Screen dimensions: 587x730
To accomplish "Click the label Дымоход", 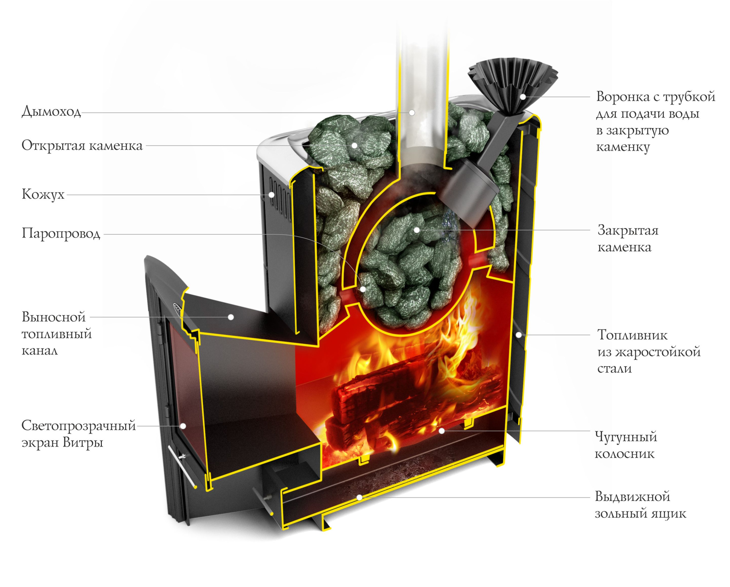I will tap(51, 111).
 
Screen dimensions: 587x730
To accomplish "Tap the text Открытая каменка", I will tap(82, 146).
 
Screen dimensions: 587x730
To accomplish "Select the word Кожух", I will tap(43, 194).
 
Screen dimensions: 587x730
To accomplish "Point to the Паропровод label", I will tap(61, 233).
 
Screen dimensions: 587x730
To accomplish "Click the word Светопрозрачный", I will tap(78, 425).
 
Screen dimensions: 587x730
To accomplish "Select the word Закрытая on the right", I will tap(628, 230).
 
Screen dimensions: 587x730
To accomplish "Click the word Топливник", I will tap(632, 335).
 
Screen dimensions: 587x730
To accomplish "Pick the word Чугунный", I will tap(626, 436).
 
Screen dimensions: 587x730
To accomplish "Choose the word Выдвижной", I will tap(632, 497).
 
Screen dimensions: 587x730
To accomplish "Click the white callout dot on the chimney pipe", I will tap(412, 113).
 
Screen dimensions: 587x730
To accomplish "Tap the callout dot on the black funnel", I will tap(523, 97).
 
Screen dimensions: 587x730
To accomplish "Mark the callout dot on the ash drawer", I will tap(360, 497).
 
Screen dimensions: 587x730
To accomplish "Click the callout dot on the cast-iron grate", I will tap(442, 431).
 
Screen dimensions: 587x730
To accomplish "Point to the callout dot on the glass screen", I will tap(184, 426).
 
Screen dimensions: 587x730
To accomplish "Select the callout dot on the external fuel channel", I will tap(231, 317).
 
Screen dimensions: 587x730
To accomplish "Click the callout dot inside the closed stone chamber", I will tap(416, 230).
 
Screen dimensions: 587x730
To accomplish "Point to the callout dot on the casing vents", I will tap(272, 195).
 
